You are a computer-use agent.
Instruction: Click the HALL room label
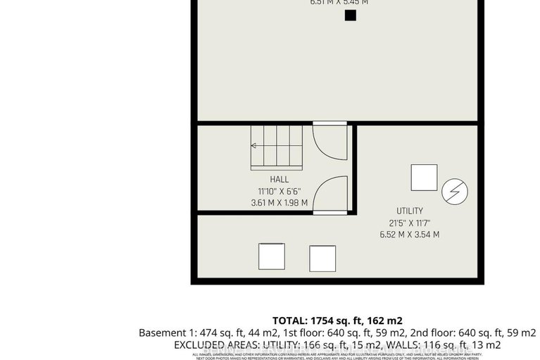279,180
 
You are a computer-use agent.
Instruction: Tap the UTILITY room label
409,211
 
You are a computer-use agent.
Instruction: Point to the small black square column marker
350,15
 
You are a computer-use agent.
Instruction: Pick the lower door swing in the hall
329,194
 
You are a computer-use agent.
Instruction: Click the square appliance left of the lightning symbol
424,178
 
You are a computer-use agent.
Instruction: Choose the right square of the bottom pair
322,259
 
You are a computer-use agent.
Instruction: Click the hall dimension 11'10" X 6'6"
279,191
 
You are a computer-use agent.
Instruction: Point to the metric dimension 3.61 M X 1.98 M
279,203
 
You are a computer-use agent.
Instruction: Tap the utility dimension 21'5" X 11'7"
409,223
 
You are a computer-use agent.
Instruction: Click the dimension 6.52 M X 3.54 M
409,235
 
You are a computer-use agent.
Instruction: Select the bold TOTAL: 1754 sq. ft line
337,320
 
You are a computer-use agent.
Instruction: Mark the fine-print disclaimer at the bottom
337,356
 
